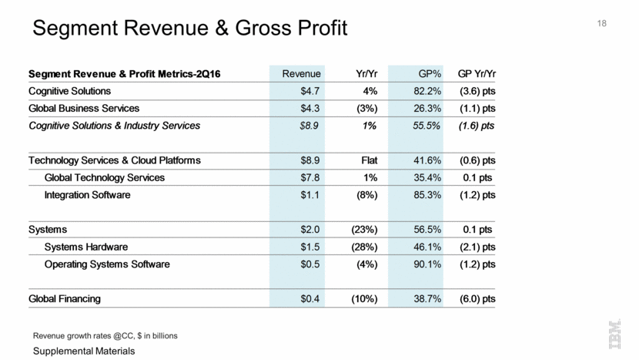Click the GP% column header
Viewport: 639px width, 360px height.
(x=429, y=74)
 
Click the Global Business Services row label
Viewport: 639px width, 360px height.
(x=84, y=109)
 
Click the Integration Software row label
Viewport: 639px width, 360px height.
(x=87, y=195)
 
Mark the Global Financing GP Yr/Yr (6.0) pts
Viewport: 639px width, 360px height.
(x=477, y=298)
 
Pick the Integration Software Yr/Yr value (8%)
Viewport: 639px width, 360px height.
(x=362, y=195)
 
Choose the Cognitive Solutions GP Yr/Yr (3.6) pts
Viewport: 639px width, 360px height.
(x=477, y=92)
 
